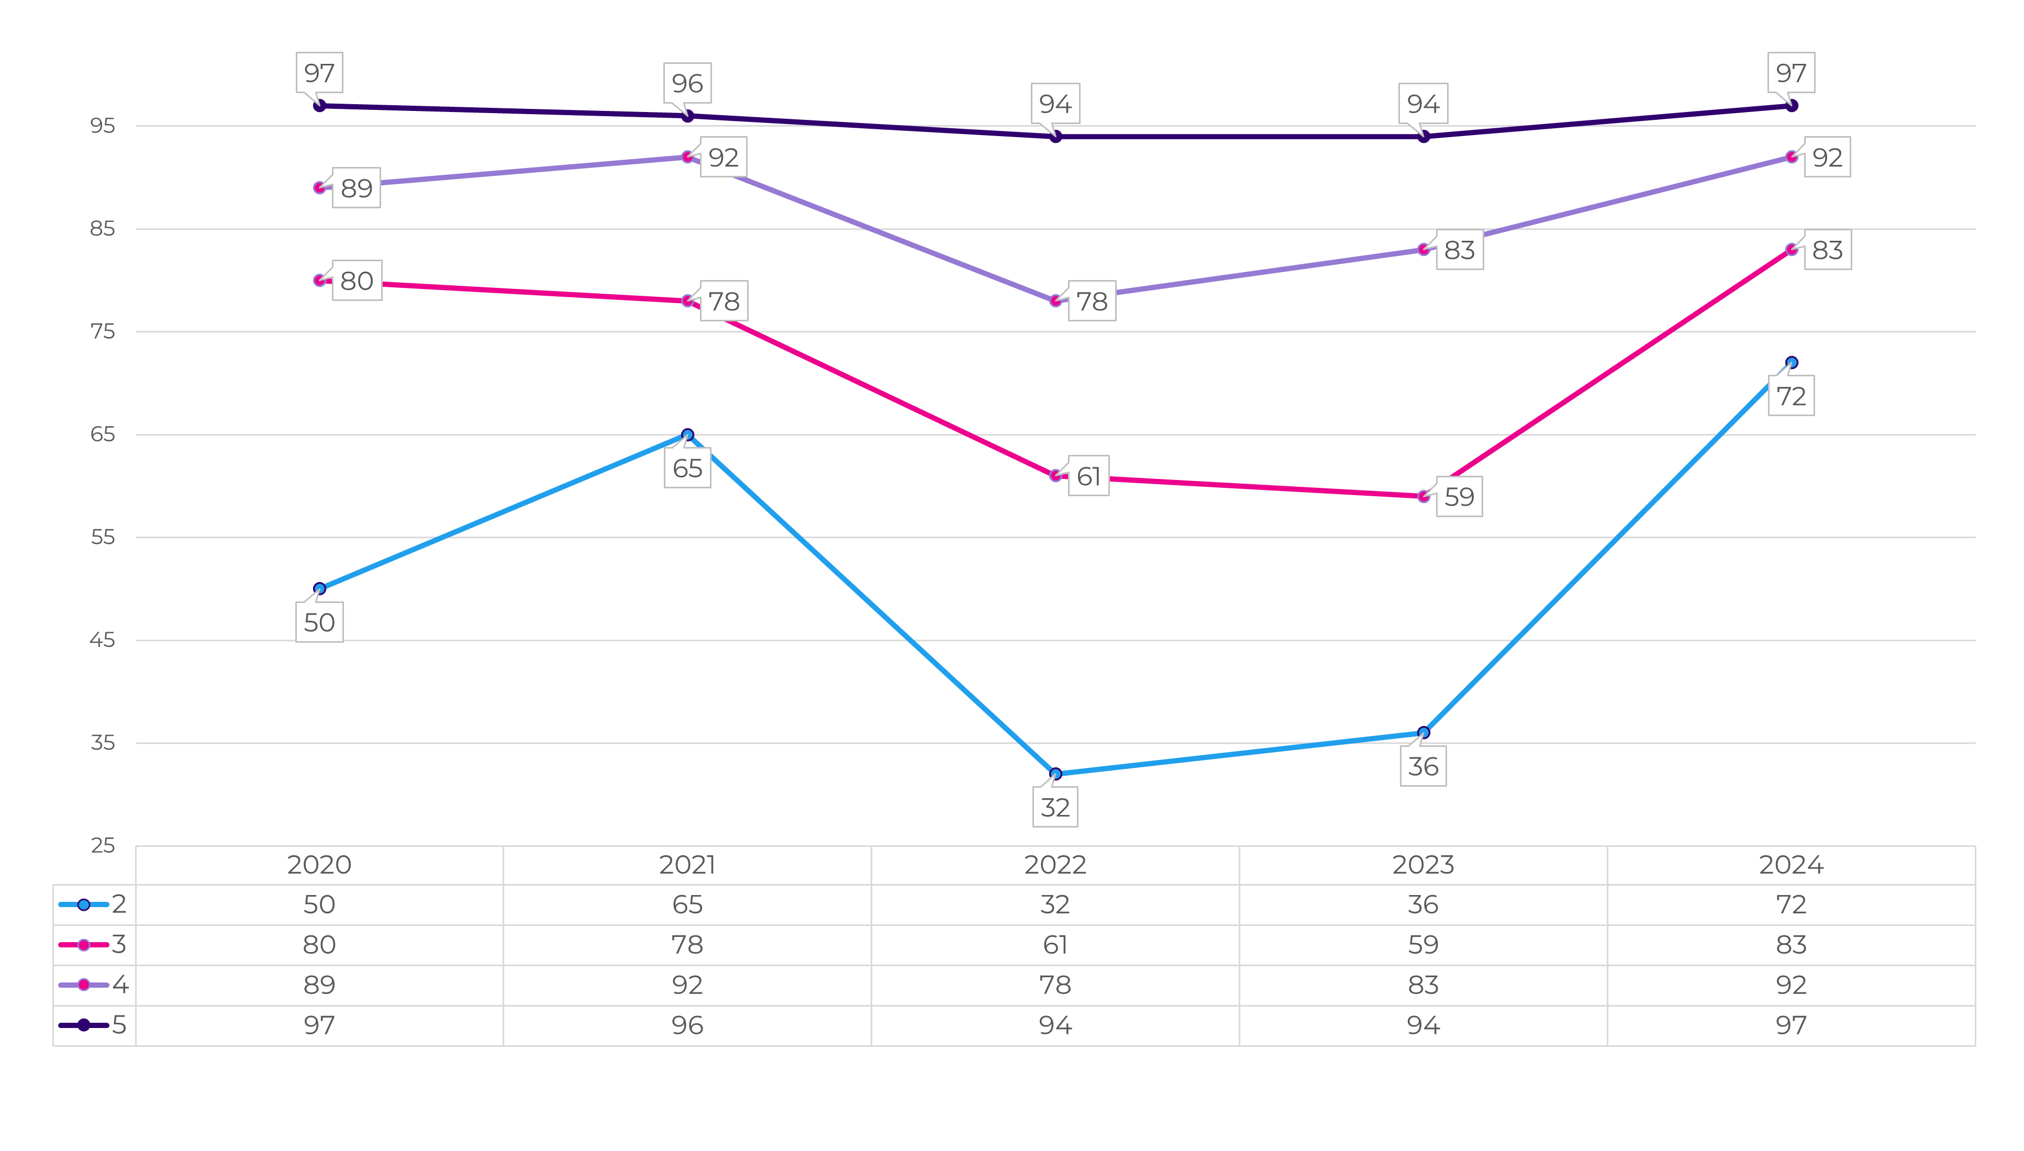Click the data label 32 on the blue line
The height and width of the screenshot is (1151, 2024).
point(1055,807)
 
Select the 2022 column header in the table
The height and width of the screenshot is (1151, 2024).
point(1055,865)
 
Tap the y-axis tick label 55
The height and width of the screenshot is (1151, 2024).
point(103,538)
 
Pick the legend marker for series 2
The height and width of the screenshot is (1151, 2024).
point(84,904)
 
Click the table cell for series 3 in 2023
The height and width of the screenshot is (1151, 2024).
point(1423,945)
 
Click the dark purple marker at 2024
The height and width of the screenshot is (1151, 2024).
point(1792,106)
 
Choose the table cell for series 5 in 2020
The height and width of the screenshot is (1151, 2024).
point(319,1025)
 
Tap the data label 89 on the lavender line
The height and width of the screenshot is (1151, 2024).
point(356,188)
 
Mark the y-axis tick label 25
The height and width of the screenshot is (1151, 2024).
point(103,846)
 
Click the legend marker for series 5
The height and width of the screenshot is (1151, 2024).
point(84,1025)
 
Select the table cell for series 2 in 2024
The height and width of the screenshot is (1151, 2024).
point(1792,904)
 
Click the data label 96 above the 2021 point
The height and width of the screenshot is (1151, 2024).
point(687,83)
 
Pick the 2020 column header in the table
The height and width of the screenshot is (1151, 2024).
point(319,865)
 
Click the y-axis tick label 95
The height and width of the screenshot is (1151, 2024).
point(103,126)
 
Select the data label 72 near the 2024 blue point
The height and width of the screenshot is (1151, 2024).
point(1792,396)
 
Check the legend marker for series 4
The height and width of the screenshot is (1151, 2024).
point(84,985)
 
